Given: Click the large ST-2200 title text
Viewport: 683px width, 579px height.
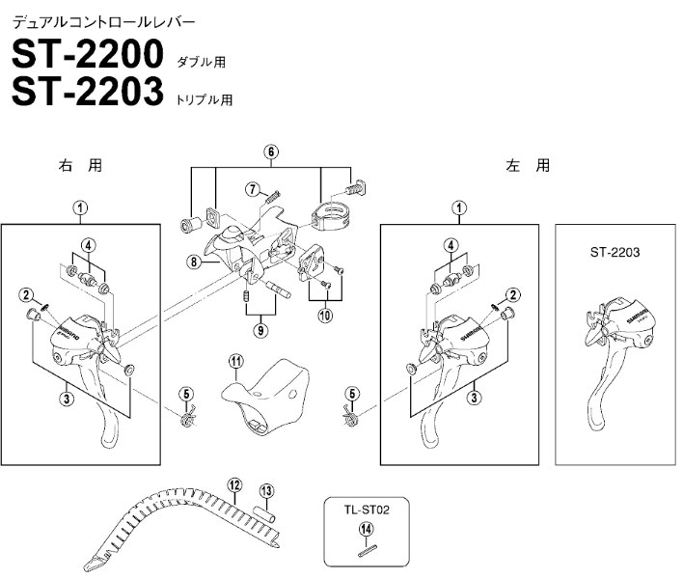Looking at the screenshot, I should [87, 54].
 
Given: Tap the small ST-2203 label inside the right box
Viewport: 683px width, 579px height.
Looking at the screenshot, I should [615, 253].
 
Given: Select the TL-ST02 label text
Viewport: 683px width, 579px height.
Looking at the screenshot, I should [364, 505].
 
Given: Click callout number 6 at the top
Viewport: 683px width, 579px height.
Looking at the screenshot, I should [271, 152].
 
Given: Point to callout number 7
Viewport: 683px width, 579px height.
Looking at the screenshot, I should [250, 187].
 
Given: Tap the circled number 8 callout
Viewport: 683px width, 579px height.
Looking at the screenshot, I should [193, 261].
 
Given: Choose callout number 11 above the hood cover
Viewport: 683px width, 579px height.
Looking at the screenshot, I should [233, 362].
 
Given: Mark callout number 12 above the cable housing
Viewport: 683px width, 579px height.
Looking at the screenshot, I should [233, 484].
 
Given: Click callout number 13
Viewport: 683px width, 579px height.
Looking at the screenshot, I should [266, 489].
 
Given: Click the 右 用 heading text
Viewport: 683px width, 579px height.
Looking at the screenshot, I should [80, 165].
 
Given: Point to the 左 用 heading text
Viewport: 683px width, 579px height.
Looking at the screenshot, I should [528, 165].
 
